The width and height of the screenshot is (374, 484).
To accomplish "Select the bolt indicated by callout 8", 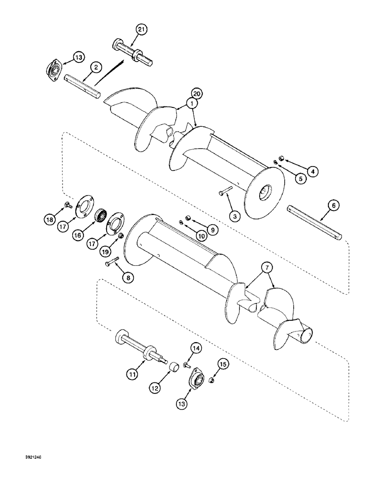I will point(111,262).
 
